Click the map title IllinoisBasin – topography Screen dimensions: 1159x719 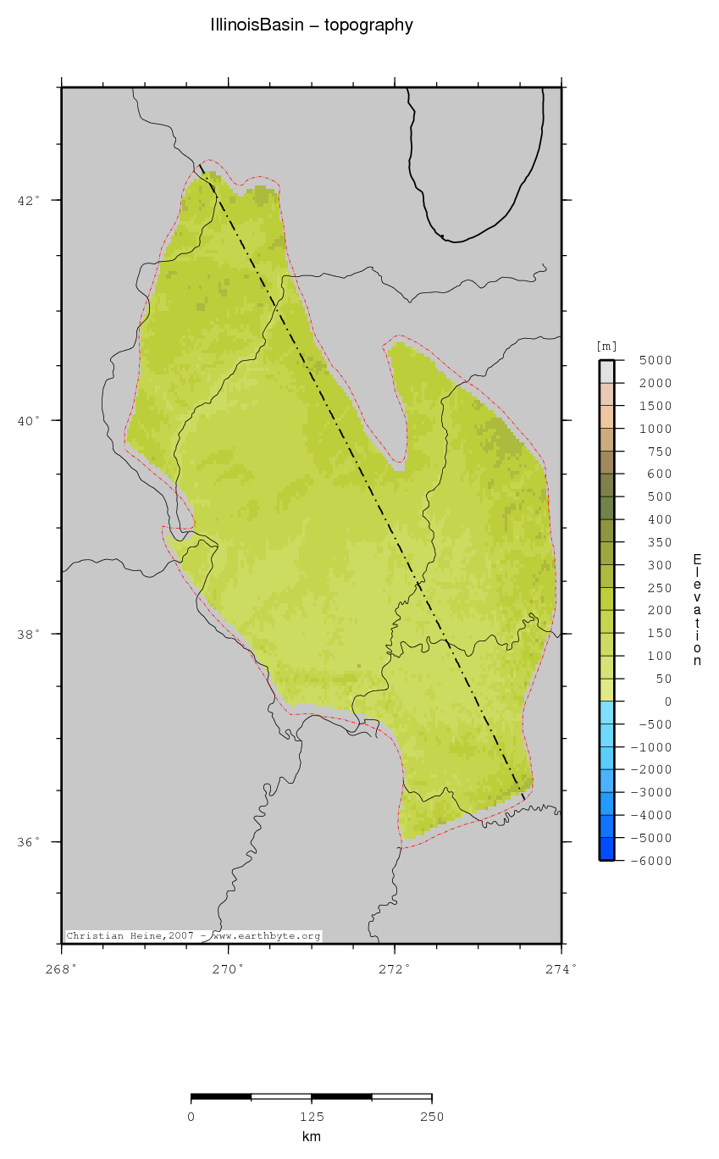coord(312,25)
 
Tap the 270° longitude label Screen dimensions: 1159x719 coord(229,968)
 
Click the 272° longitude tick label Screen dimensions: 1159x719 coord(395,968)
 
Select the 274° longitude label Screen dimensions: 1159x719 coord(561,968)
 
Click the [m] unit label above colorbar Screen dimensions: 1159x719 coord(606,346)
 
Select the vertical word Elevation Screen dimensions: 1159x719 coord(697,610)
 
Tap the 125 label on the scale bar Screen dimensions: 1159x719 coord(312,1117)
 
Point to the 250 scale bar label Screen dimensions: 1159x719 coord(432,1117)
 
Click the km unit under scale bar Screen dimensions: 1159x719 coord(312,1137)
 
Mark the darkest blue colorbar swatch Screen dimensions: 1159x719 coord(606,849)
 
